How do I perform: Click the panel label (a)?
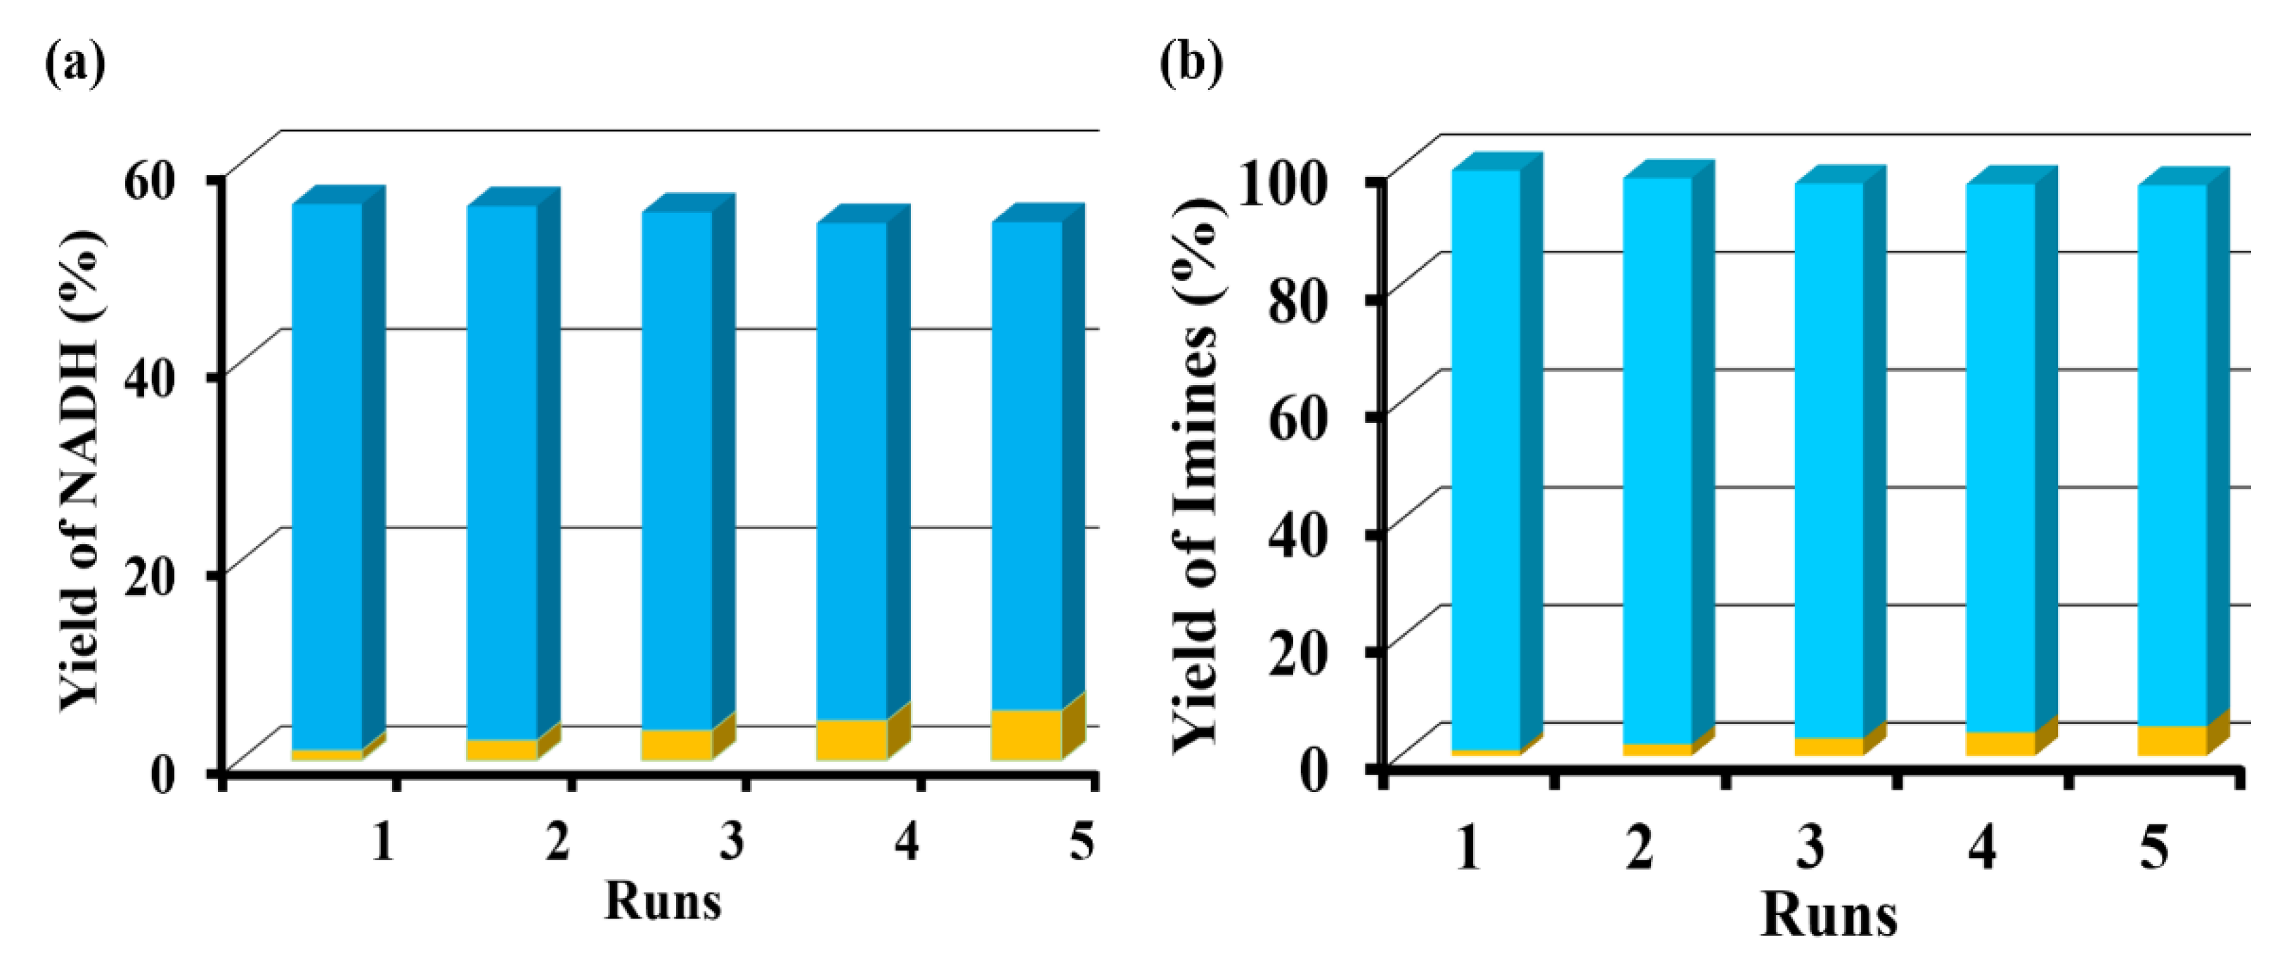click(74, 63)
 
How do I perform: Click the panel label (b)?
click(1191, 63)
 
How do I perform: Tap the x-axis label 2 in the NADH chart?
click(557, 841)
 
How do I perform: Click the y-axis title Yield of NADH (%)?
click(82, 472)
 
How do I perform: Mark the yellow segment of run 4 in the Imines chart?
click(2000, 744)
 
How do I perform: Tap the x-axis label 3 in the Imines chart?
click(1810, 846)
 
